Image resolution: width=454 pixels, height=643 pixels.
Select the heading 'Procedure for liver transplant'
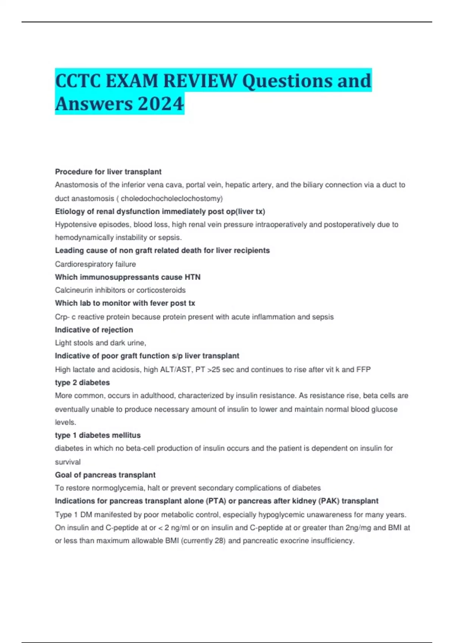coord(108,172)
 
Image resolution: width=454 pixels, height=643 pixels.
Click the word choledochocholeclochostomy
coord(171,199)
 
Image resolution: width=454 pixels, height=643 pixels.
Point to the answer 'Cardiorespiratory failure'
coord(95,264)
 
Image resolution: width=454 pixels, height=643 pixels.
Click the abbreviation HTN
coord(193,277)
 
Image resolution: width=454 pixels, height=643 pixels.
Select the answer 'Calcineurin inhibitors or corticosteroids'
coord(120,290)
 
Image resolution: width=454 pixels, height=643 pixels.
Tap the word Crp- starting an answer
coord(62,317)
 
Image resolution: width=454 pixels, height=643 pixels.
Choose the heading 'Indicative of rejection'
coord(94,330)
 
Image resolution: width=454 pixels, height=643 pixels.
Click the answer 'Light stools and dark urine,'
coord(100,343)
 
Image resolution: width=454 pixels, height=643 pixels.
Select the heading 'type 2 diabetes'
coord(82,382)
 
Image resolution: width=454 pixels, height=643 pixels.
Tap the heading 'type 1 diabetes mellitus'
coord(98,435)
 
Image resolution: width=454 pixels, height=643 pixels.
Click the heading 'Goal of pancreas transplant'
coord(105,475)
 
